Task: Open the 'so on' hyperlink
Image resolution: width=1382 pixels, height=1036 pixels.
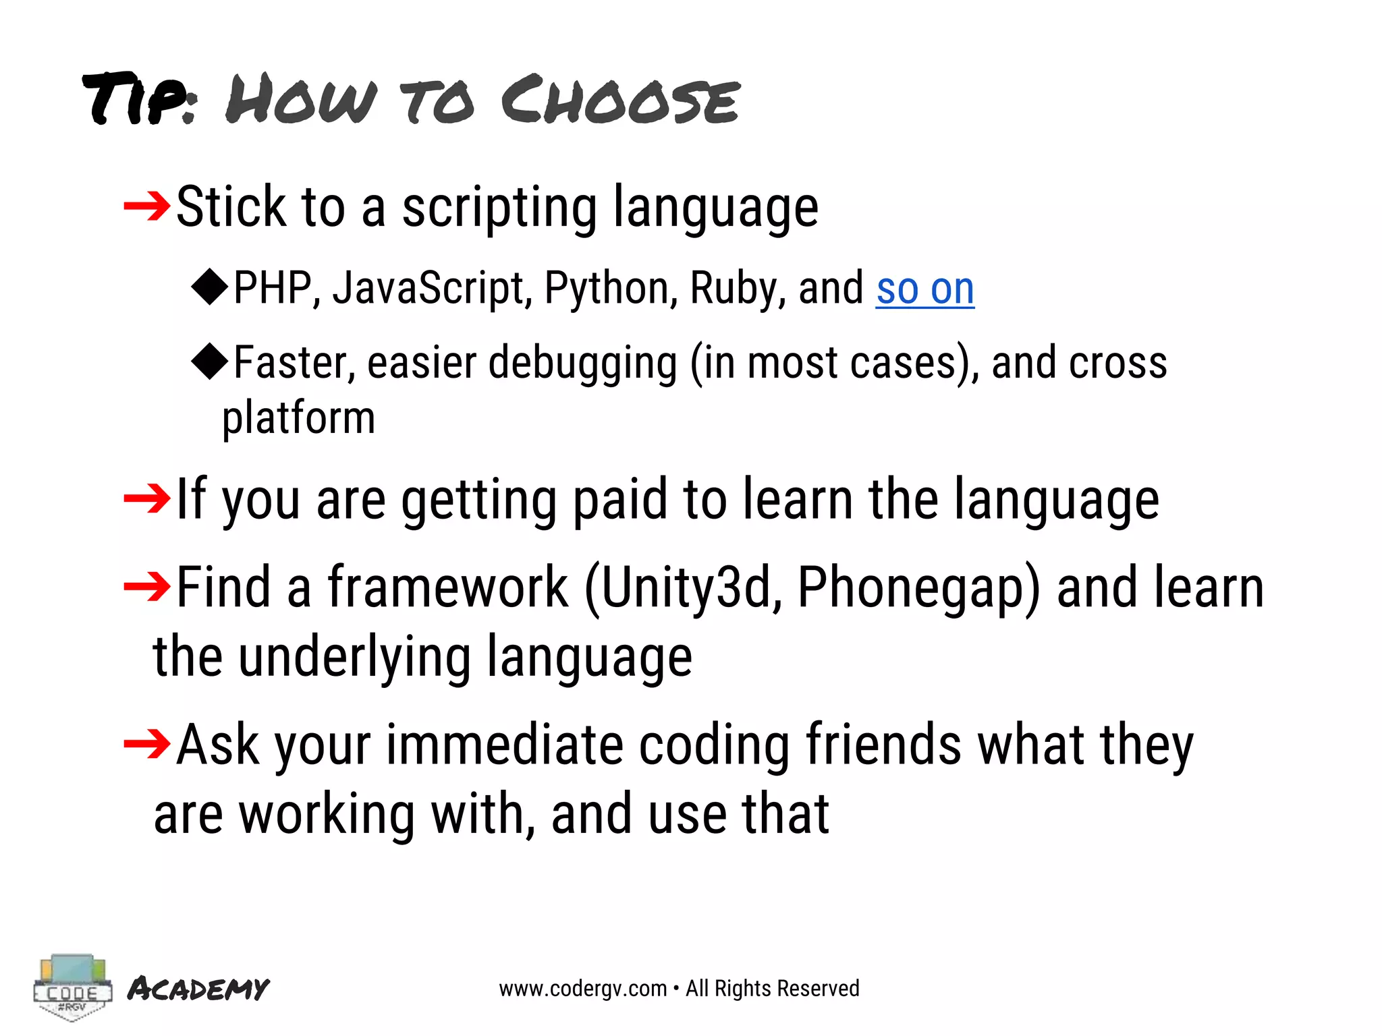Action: (924, 289)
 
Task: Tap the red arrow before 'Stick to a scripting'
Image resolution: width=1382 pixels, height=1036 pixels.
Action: (147, 206)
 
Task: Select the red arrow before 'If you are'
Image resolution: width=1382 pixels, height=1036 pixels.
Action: (147, 498)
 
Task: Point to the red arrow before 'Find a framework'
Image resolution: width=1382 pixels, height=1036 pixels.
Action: (147, 587)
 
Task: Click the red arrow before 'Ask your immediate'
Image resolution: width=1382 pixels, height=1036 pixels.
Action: (147, 744)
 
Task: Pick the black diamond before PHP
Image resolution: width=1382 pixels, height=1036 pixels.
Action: (210, 287)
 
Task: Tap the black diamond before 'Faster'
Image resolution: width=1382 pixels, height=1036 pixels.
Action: (210, 361)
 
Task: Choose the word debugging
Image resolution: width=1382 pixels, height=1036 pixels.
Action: (582, 364)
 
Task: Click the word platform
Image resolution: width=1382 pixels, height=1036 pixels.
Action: (298, 419)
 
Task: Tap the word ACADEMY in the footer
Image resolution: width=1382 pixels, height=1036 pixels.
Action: (198, 989)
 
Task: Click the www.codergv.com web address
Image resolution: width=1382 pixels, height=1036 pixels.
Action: (582, 989)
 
